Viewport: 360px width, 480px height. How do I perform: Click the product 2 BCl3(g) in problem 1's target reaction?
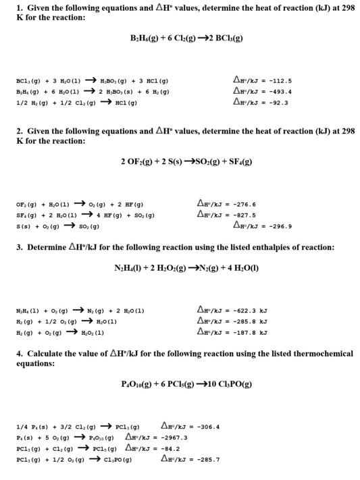(x=220, y=38)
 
